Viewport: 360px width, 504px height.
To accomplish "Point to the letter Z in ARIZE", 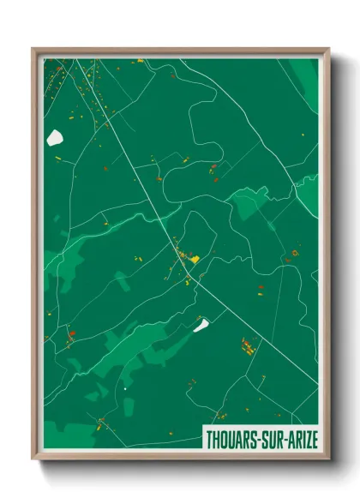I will point(306,439).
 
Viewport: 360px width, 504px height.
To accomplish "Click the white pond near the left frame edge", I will point(56,137).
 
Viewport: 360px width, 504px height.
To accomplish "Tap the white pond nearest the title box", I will point(201,324).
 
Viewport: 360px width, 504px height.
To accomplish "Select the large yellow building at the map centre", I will point(194,258).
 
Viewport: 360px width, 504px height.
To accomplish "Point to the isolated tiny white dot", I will point(125,389).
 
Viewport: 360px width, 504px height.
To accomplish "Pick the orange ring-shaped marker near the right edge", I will point(294,254).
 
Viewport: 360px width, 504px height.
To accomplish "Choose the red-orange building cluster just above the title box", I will point(247,345).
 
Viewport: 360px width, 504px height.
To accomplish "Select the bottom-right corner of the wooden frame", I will point(329,459).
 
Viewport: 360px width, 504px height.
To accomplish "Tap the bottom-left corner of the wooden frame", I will point(33,459).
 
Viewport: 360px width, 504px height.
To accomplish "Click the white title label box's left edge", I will point(202,439).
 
